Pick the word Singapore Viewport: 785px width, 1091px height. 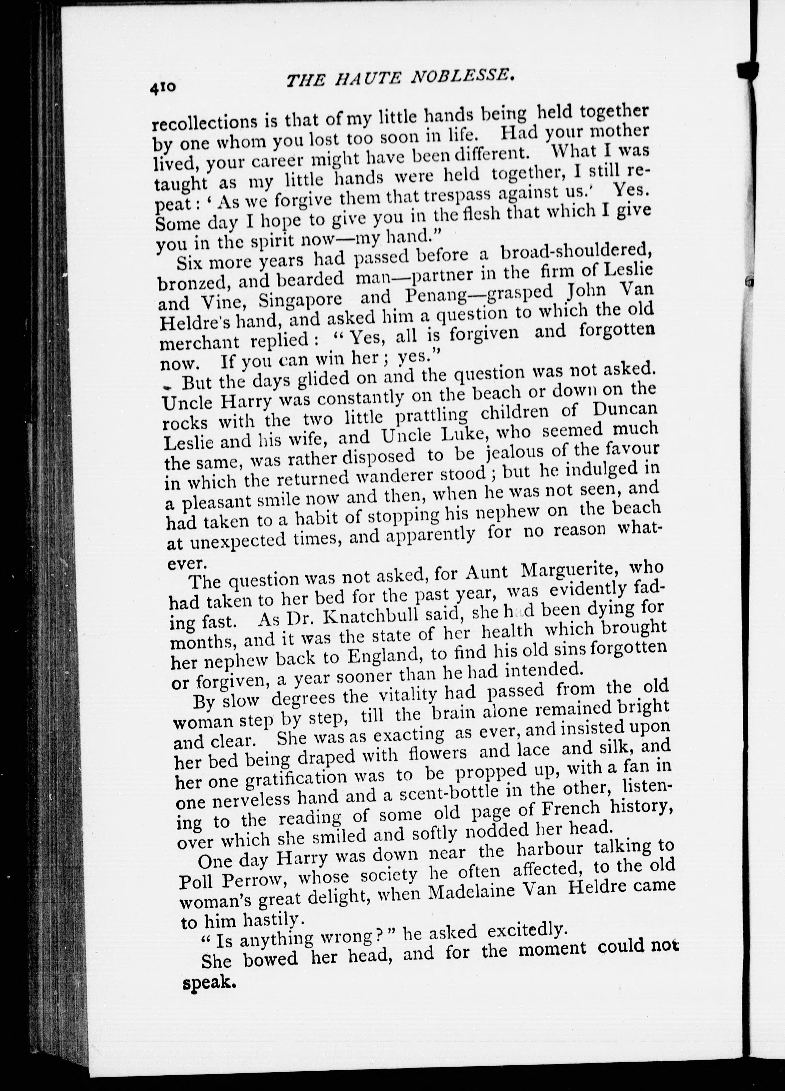[x=300, y=300]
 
